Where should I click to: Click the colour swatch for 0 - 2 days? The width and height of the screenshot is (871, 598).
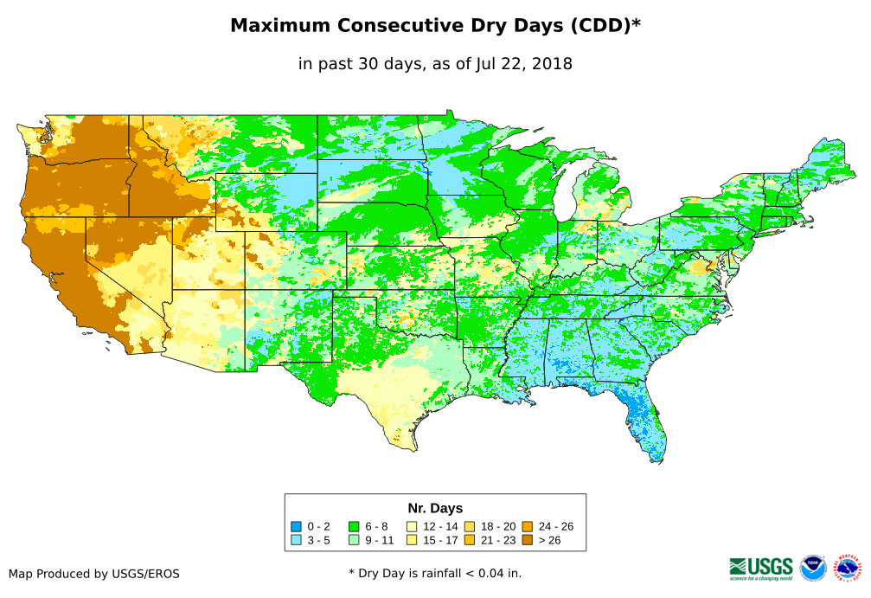(x=296, y=526)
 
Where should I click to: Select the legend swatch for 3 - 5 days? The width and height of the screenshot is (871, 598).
(x=296, y=540)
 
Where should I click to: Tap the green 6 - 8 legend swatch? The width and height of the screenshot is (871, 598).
(x=353, y=526)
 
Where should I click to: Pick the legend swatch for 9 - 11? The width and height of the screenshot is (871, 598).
(x=353, y=540)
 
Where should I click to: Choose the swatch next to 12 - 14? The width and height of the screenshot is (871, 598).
(x=412, y=526)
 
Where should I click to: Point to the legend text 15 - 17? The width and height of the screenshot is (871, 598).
(x=440, y=540)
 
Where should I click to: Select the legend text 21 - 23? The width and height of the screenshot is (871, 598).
(x=497, y=540)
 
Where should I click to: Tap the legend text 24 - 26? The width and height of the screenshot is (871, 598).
(x=555, y=526)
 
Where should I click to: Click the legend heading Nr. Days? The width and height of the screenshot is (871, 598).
(x=435, y=508)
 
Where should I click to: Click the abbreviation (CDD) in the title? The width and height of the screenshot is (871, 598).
(x=599, y=26)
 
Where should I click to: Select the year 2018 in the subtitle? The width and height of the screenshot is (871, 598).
(x=550, y=64)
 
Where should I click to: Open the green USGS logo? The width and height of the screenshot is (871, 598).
(x=761, y=568)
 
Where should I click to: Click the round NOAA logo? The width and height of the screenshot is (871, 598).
(x=813, y=568)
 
